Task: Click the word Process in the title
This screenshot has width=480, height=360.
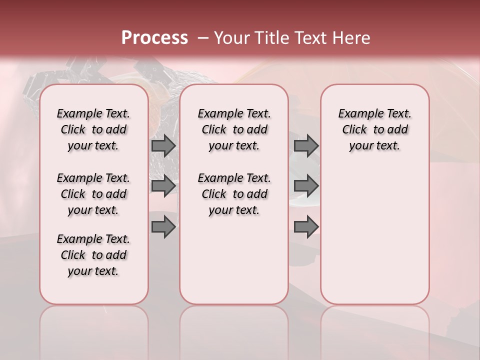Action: (154, 37)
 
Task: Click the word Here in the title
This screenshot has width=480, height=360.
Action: (349, 38)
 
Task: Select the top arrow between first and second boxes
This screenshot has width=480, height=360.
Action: (163, 145)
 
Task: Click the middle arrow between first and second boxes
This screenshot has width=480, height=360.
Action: (163, 186)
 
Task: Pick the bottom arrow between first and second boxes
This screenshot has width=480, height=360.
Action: (163, 227)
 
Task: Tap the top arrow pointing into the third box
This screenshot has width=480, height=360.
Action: (306, 145)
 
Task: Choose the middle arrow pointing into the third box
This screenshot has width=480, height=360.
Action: (306, 186)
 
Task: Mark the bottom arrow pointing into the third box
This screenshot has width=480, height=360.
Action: (306, 227)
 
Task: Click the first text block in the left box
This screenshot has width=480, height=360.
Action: (93, 129)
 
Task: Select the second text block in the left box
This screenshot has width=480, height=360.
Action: (93, 194)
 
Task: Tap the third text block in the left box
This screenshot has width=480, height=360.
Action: (93, 255)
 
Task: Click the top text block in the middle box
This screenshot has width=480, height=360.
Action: (234, 129)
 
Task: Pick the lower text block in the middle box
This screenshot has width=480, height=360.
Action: (234, 194)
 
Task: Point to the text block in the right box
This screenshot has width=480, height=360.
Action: (374, 129)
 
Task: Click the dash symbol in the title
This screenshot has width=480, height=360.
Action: (202, 38)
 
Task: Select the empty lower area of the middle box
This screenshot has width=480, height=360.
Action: (234, 260)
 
